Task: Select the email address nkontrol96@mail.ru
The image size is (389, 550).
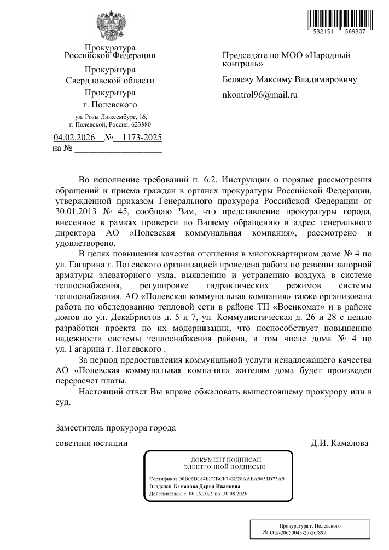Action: coord(259,95)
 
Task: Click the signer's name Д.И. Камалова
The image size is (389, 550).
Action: coord(340,443)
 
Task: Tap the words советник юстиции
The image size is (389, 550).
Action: coord(92,443)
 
